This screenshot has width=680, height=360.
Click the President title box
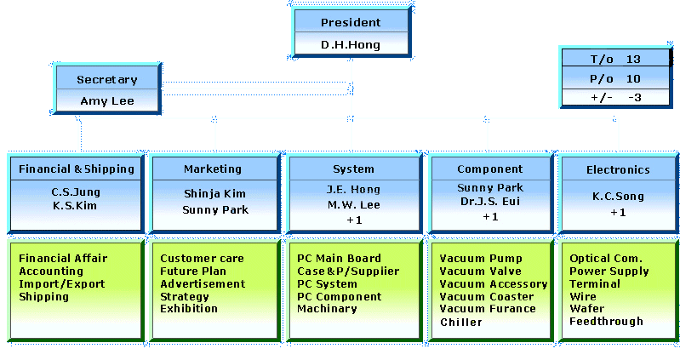351,22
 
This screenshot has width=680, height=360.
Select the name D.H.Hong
351,44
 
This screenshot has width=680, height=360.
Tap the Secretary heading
107,79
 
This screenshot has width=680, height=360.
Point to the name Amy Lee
107,100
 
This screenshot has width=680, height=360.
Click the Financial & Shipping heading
77,169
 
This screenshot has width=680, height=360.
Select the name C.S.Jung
77,191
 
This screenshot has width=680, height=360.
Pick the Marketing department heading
213,169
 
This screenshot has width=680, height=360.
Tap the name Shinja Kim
215,194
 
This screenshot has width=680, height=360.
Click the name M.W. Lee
353,204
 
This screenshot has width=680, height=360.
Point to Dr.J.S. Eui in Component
490,202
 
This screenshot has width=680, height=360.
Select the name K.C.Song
618,197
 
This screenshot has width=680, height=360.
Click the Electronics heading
618,169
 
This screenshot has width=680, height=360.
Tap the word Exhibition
189,309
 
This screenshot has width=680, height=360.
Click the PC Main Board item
339,258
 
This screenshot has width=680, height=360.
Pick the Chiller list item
461,323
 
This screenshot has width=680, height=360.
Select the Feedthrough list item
606,322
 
